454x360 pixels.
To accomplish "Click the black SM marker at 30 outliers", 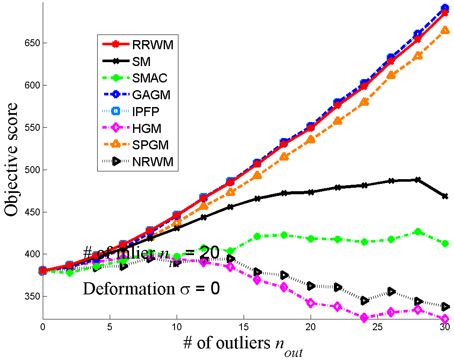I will click(x=444, y=196).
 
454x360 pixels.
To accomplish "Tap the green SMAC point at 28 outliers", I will click(x=418, y=232).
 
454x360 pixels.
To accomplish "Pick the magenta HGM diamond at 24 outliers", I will click(x=364, y=318).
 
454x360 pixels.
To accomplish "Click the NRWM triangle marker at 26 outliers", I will click(x=391, y=291).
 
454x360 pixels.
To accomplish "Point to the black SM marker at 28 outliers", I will click(x=418, y=180).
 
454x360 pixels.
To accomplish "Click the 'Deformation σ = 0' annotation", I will click(x=151, y=288).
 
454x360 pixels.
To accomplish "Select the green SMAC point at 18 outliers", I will click(x=284, y=235).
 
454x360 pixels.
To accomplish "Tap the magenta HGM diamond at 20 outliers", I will click(x=311, y=303).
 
